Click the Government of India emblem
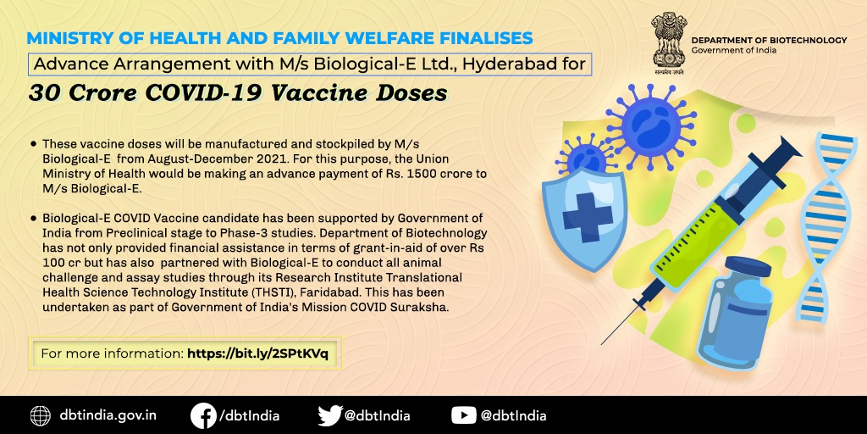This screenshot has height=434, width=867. pos(668,44)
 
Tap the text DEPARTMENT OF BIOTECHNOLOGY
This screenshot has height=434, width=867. pos(769,41)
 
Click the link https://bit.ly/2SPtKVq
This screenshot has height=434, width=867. pos(257,353)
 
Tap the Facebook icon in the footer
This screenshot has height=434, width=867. pos(203,415)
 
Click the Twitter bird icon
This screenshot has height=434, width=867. pos(330,415)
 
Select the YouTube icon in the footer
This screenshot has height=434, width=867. pos(463,415)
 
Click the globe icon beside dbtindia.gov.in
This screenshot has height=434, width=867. pos(41,415)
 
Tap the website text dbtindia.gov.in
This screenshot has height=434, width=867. pos(108,415)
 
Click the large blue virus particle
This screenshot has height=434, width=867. pos(651,125)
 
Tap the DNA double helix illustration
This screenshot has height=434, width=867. pos(825,227)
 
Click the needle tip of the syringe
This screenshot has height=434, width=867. pos(602,344)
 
